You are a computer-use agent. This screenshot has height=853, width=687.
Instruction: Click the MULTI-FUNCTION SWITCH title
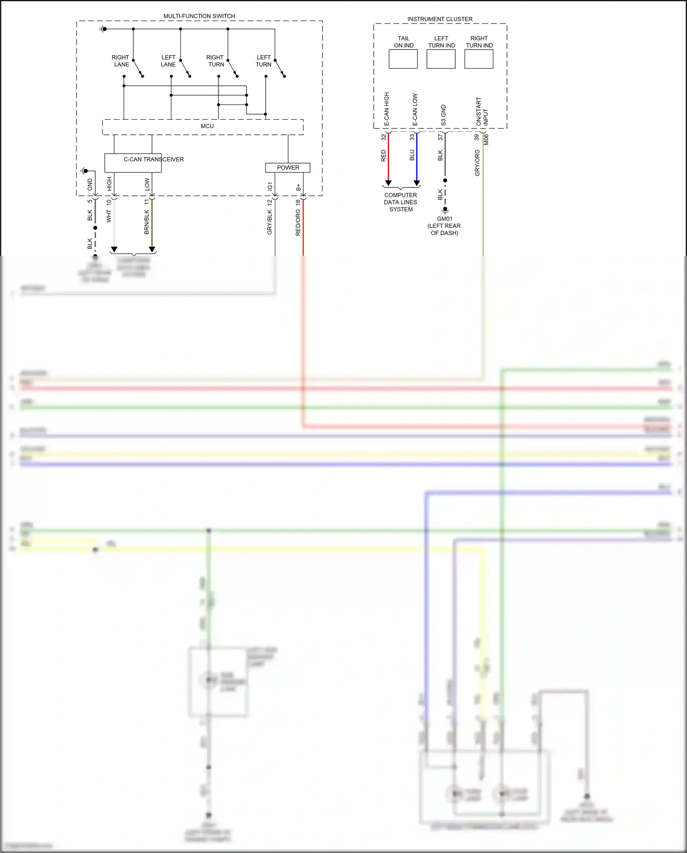(x=199, y=16)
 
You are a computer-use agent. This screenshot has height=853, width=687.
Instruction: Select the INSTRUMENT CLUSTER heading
(x=440, y=19)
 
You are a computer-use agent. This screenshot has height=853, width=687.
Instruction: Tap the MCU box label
(x=207, y=126)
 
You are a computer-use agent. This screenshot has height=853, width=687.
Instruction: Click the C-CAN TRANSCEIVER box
(x=133, y=162)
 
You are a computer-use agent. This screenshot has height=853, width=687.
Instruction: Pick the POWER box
(x=288, y=168)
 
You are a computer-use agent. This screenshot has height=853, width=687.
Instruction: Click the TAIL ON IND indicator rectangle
(x=403, y=59)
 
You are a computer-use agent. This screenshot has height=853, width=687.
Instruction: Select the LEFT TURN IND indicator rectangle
(x=441, y=59)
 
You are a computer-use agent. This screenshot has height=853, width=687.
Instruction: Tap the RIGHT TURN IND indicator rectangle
(x=479, y=59)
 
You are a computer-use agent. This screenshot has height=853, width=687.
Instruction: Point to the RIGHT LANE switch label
(x=121, y=61)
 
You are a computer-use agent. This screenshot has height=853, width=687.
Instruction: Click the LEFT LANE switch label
(x=168, y=61)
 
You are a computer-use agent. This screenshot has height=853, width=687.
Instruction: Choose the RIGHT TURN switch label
(x=215, y=61)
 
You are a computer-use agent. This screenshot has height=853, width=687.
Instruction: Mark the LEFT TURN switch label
(x=263, y=61)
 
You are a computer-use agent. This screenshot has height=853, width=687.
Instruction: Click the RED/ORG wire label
(x=298, y=223)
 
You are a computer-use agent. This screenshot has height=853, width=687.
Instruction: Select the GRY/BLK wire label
(x=270, y=222)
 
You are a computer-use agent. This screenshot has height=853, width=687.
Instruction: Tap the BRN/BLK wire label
(x=147, y=222)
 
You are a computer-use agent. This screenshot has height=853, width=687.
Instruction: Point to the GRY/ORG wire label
(x=477, y=163)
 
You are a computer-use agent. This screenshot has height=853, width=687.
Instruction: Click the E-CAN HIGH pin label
(x=387, y=110)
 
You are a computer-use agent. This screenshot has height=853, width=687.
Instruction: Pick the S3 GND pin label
(x=443, y=116)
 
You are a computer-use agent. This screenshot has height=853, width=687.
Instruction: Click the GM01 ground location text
(x=444, y=226)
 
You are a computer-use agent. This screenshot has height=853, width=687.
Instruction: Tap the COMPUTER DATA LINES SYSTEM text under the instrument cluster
(x=401, y=202)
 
